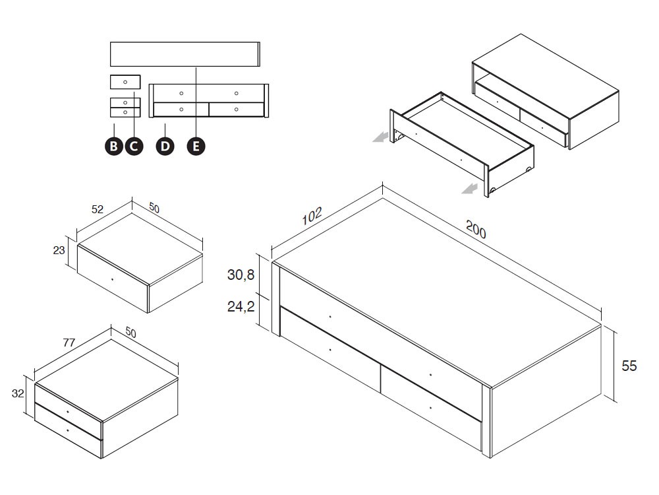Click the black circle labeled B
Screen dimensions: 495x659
point(114,147)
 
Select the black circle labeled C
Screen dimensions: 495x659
point(134,147)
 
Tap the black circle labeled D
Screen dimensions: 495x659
point(165,147)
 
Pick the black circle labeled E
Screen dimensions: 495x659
point(196,147)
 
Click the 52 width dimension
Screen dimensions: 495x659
point(98,209)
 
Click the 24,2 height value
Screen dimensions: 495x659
point(241,306)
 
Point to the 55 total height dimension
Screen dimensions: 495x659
point(629,366)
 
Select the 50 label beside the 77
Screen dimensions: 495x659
point(130,334)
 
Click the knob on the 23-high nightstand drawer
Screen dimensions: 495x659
point(113,280)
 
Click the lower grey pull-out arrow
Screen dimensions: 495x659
point(470,190)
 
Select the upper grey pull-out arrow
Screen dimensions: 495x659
point(379,137)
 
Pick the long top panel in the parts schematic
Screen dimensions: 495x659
point(185,54)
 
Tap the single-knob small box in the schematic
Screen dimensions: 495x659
point(125,82)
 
